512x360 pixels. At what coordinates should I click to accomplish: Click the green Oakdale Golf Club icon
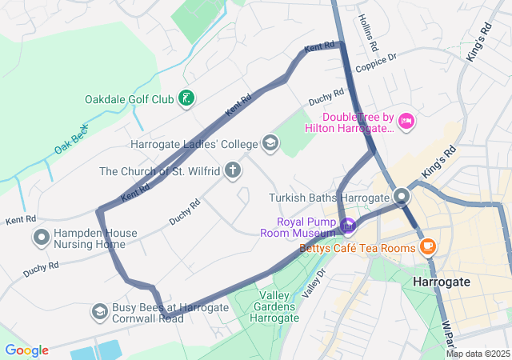tap(186, 99)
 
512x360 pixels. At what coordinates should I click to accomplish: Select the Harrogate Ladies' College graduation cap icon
tap(270, 143)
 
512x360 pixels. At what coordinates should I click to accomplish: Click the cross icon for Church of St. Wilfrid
tap(233, 170)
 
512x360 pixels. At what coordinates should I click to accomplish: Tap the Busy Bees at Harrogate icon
tap(100, 311)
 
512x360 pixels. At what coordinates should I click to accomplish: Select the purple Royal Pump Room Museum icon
tap(348, 226)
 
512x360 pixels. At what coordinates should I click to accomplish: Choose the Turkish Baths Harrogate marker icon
tap(402, 197)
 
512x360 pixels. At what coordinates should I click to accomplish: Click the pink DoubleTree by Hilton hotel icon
tap(406, 121)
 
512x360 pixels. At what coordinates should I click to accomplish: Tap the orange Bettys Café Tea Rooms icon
tap(428, 245)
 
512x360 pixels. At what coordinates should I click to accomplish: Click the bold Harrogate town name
tap(442, 282)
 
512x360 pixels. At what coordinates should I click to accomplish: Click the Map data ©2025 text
tap(477, 354)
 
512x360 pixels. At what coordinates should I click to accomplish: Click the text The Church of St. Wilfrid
tap(160, 170)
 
